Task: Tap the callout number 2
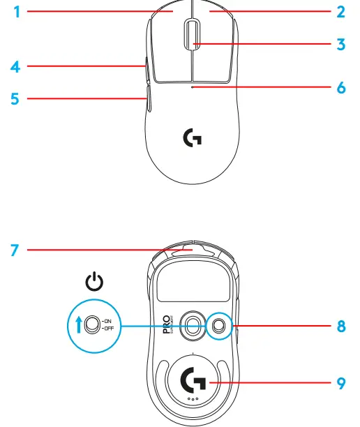click(341, 11)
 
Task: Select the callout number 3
click(341, 44)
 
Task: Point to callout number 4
click(15, 67)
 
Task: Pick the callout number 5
click(15, 98)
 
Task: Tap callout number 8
click(341, 325)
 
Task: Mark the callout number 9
click(341, 382)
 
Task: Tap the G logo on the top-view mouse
click(192, 139)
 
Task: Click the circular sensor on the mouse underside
click(192, 324)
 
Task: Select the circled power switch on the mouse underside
click(219, 324)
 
